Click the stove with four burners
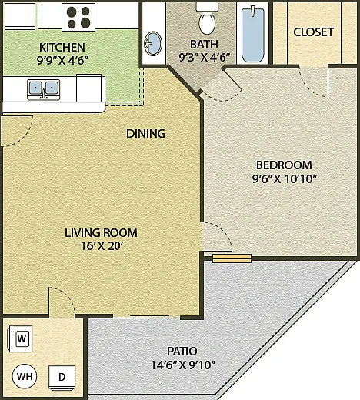[78, 17]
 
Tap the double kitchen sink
[44, 89]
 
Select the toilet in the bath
[207, 18]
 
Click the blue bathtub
[253, 35]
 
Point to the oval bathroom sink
[153, 44]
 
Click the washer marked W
[21, 338]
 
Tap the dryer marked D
[62, 378]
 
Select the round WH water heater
[25, 376]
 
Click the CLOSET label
[313, 32]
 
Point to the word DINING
[145, 134]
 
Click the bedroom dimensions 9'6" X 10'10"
[285, 178]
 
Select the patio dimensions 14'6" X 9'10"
[183, 365]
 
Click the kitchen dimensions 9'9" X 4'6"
[63, 61]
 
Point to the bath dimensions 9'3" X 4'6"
[204, 58]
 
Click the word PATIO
[182, 351]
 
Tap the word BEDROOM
[284, 165]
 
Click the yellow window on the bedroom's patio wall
[232, 258]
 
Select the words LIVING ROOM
[101, 233]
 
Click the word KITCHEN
[62, 48]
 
